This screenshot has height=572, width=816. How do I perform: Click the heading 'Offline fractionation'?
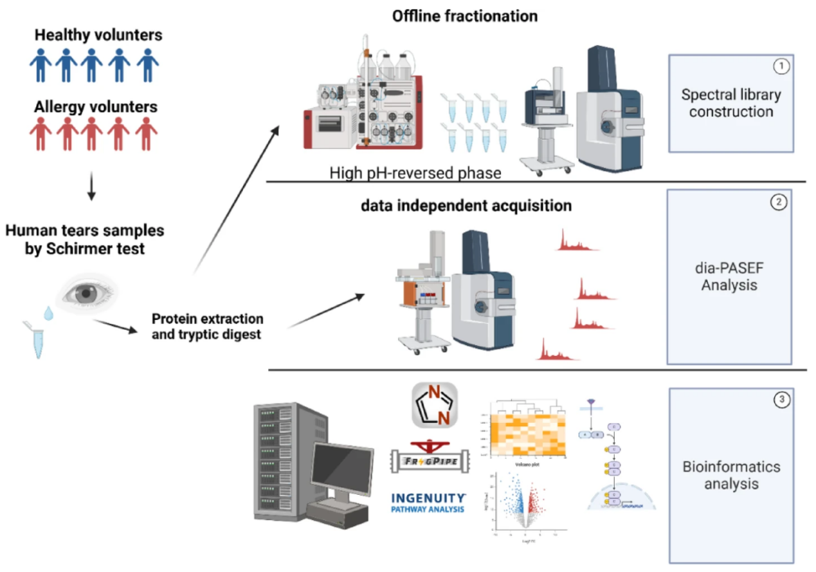click(465, 15)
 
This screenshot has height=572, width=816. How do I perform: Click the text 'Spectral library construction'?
click(730, 103)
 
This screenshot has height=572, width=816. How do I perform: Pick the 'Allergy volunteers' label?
click(95, 106)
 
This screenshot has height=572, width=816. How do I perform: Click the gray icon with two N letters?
click(434, 404)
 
